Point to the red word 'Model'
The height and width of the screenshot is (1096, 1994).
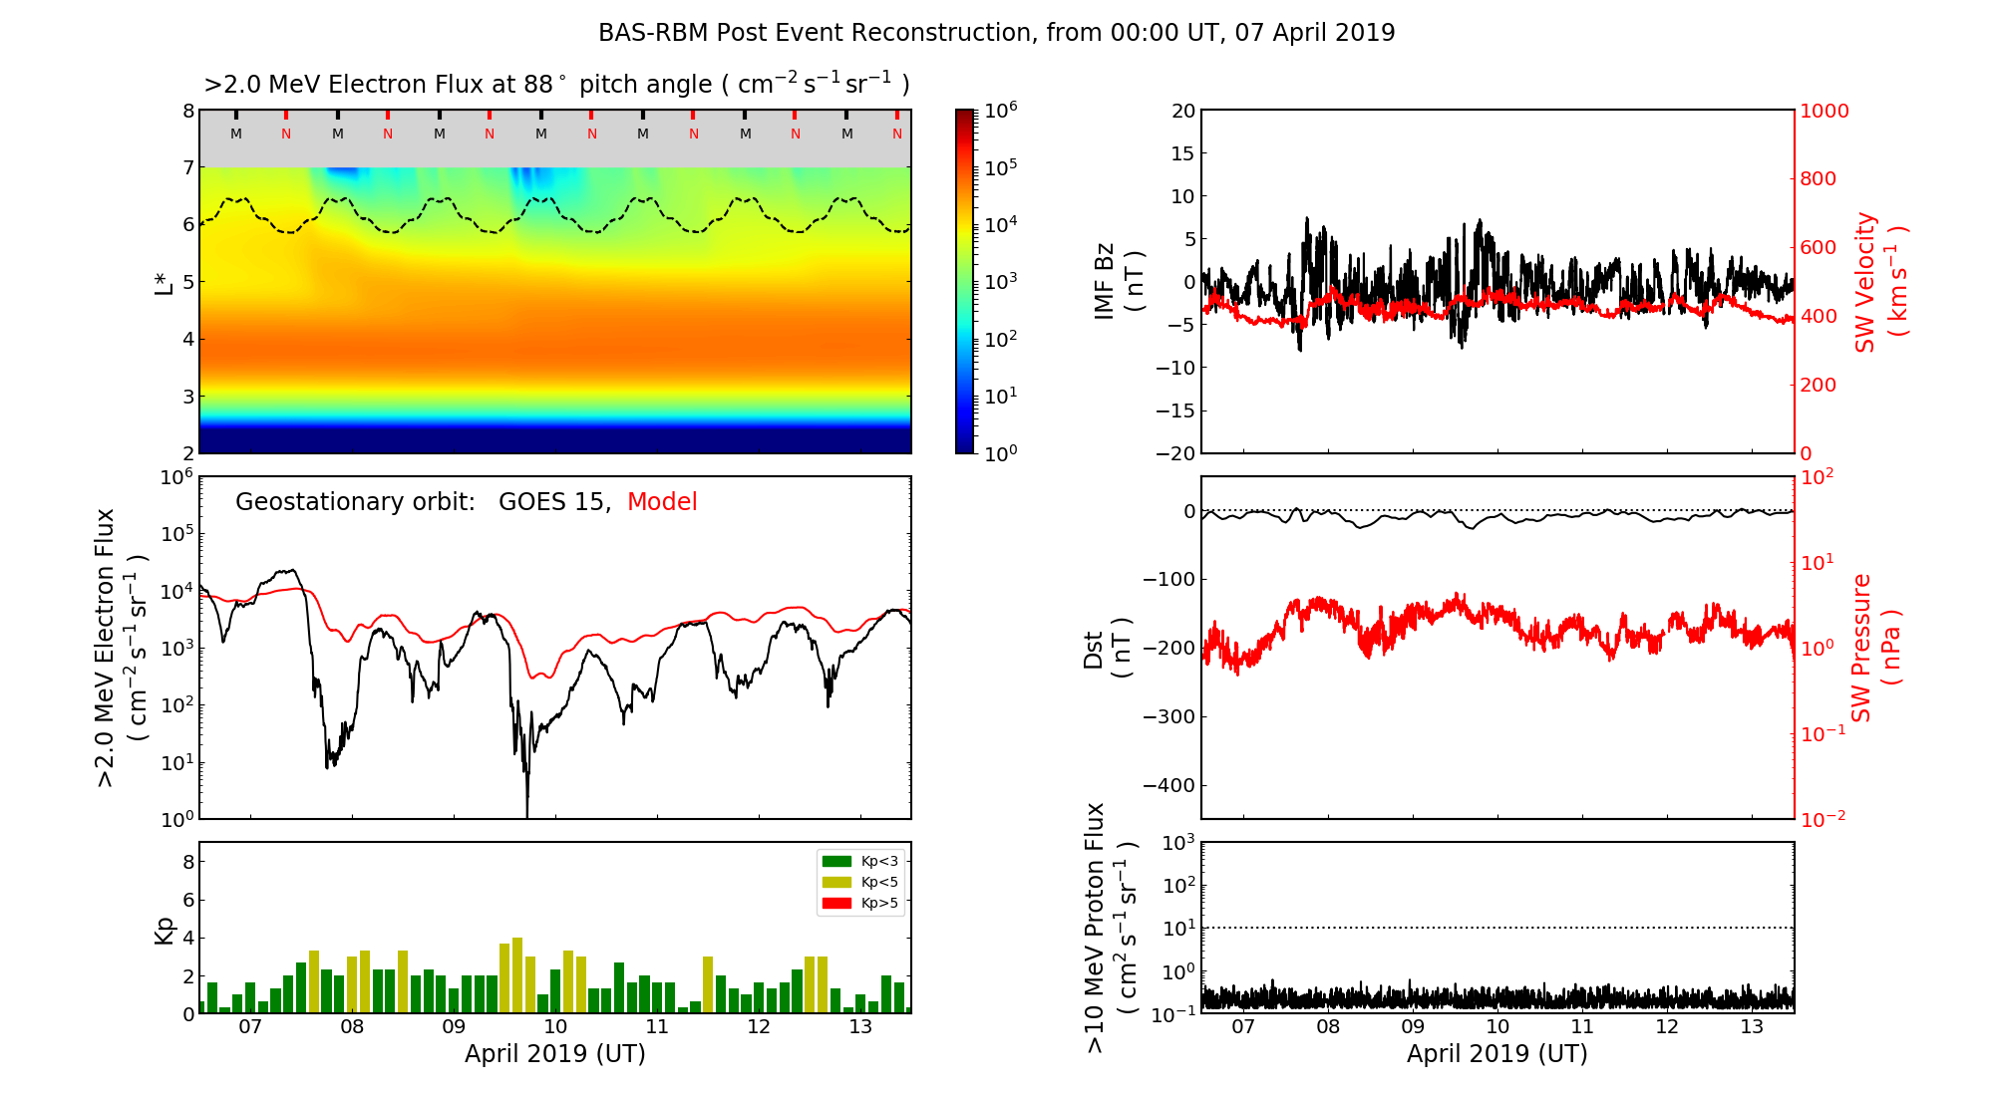coord(662,502)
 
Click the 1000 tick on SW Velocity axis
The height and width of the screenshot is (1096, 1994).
coord(1824,111)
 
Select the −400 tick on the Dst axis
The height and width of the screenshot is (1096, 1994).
coord(1169,785)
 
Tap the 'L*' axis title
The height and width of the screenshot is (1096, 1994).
coord(165,282)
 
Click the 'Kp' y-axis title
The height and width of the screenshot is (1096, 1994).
coord(165,930)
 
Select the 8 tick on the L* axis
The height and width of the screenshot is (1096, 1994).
coord(188,111)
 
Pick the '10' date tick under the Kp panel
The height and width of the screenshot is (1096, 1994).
coord(555,1027)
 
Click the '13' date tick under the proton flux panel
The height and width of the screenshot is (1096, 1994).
coord(1752,1027)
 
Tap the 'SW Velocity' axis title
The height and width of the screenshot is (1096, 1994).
coord(1864,282)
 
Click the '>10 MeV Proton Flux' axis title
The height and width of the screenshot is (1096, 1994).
coord(1095,928)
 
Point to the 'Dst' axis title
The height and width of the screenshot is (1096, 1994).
coord(1094,649)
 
